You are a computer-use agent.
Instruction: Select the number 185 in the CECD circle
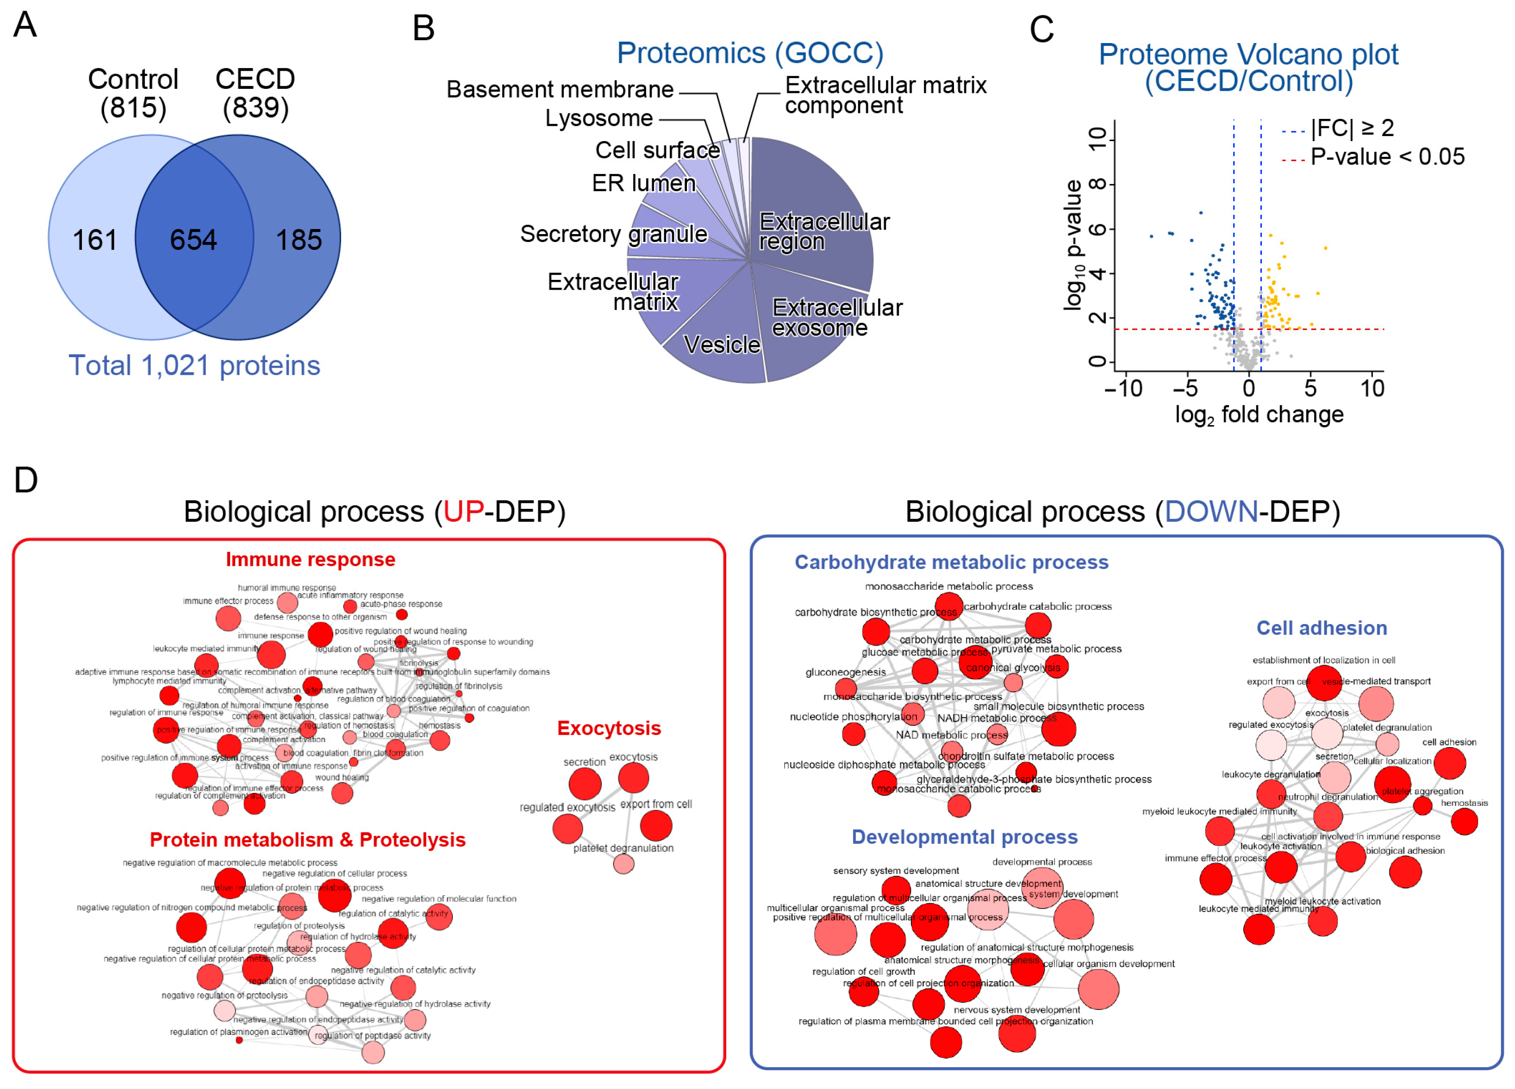coord(299,240)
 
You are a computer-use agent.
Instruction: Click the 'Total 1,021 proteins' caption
coord(194,366)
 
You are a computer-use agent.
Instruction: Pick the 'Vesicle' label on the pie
coord(722,345)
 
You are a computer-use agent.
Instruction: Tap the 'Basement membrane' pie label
coord(560,89)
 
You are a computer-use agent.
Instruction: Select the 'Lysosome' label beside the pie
coord(599,118)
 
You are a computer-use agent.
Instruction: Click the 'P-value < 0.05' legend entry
coord(1387,157)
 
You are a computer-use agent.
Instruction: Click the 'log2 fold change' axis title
coord(1259,415)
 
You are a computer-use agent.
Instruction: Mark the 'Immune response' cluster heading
coord(310,559)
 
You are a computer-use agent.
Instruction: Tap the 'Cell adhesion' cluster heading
coord(1321,628)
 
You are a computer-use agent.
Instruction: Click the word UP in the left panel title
coord(463,512)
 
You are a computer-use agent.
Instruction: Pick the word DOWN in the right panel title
coord(1210,512)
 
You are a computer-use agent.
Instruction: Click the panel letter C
coord(1041,30)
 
